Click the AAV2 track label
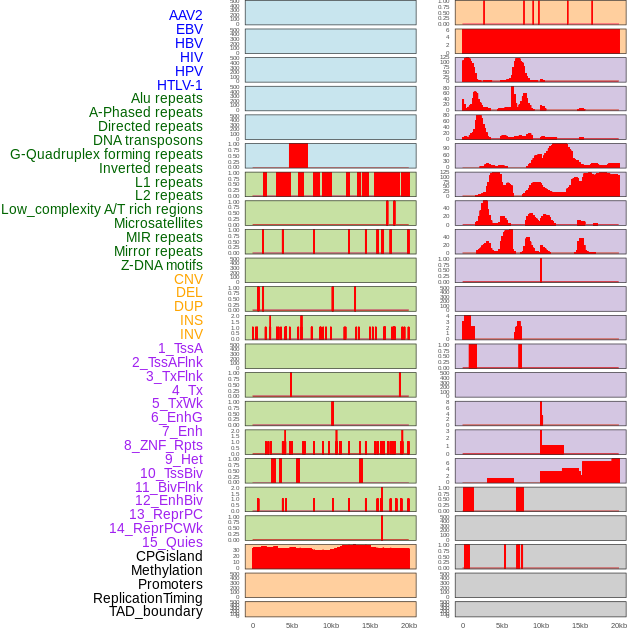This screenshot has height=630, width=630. pyautogui.click(x=186, y=15)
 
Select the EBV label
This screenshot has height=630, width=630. pyautogui.click(x=189, y=29)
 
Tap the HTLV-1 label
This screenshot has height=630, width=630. pyautogui.click(x=180, y=85)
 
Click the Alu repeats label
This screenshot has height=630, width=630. pyautogui.click(x=167, y=98)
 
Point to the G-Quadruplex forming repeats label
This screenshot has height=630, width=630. pyautogui.click(x=106, y=154)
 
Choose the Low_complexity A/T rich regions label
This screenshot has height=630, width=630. pyautogui.click(x=102, y=209)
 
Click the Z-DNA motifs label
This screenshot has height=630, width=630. pyautogui.click(x=162, y=265)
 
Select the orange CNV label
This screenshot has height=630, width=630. pyautogui.click(x=188, y=279)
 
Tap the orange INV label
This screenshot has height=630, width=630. pyautogui.click(x=191, y=334)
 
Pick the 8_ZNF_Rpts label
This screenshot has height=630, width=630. pyautogui.click(x=163, y=445)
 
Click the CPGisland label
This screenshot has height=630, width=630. pyautogui.click(x=169, y=556)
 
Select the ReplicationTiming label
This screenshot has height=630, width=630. pyautogui.click(x=147, y=598)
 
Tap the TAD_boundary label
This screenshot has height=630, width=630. pyautogui.click(x=156, y=611)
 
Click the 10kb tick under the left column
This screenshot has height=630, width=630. pyautogui.click(x=331, y=625)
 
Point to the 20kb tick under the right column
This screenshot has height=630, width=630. pyautogui.click(x=619, y=625)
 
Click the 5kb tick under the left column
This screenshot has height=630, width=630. pyautogui.click(x=292, y=625)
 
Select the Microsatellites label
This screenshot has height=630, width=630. pyautogui.click(x=158, y=223)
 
